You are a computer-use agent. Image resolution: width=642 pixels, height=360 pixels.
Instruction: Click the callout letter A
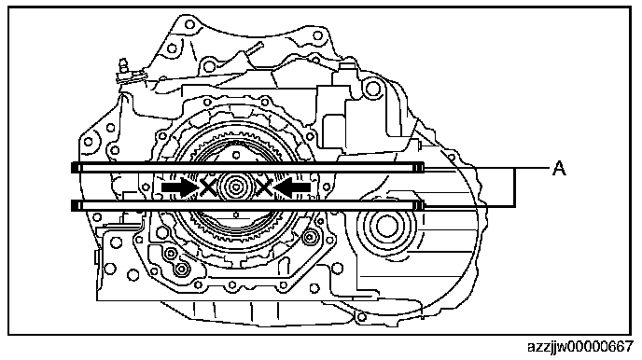[x=559, y=168]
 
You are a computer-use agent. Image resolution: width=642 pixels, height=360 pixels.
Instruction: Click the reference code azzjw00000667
[x=580, y=347]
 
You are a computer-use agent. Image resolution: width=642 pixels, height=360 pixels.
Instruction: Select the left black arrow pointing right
[x=180, y=187]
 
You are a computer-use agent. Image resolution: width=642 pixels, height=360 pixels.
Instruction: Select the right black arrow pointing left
[x=291, y=187]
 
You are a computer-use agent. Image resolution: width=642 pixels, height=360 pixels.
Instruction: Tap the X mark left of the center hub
[x=208, y=187]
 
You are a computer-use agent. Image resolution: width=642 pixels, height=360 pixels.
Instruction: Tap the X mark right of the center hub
[x=264, y=187]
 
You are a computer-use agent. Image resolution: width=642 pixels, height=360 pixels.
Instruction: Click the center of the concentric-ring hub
[x=236, y=187]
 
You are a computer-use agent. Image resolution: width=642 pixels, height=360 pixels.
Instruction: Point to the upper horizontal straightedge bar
[x=248, y=168]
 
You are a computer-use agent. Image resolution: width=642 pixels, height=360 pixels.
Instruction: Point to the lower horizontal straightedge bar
[x=248, y=205]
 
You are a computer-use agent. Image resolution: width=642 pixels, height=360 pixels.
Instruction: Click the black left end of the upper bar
[x=75, y=168]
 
